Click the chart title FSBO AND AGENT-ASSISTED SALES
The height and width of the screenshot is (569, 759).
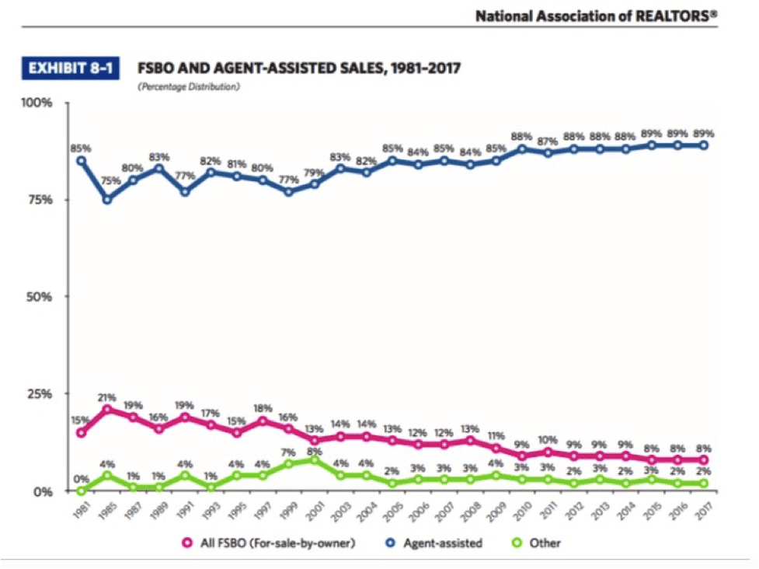click(x=299, y=69)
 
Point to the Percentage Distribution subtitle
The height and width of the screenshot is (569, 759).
click(x=189, y=87)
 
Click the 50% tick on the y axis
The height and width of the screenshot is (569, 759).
click(x=36, y=297)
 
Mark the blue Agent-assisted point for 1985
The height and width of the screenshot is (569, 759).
click(x=107, y=200)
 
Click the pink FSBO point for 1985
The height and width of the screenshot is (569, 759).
click(x=107, y=409)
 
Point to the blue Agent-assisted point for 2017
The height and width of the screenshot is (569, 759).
click(x=704, y=145)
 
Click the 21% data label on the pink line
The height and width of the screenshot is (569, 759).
click(x=107, y=396)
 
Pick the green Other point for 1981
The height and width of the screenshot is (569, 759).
click(x=81, y=490)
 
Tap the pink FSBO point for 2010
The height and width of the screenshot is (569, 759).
click(x=521, y=456)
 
